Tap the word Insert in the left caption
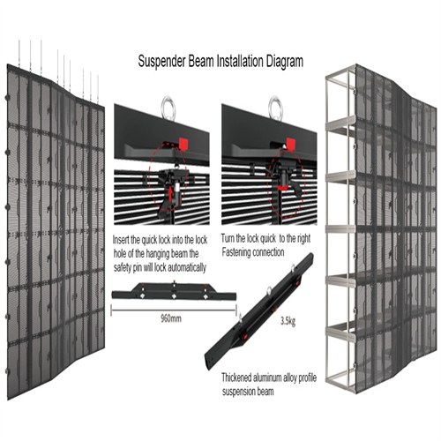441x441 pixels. [x=124, y=240]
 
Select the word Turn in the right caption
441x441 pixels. [x=230, y=240]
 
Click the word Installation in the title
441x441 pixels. [x=227, y=63]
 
